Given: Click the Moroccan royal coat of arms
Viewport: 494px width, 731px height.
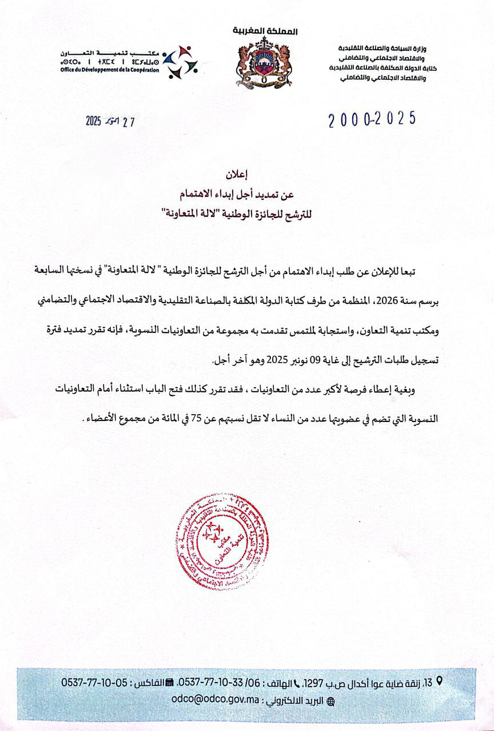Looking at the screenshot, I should [264, 63].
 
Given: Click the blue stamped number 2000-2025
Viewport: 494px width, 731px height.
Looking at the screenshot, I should [372, 119].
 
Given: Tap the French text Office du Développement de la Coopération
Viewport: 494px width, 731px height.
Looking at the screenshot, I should [109, 69].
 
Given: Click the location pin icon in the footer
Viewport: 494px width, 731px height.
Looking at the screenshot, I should [439, 681].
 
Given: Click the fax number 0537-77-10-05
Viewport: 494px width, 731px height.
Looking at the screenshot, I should [95, 682].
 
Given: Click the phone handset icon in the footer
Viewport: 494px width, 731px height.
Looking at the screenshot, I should [297, 682].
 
